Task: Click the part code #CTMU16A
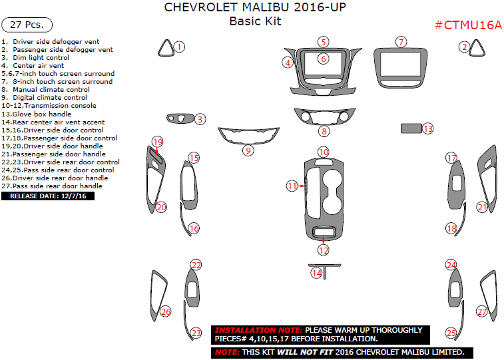(468, 25)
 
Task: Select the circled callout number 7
(400, 42)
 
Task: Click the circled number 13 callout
(427, 128)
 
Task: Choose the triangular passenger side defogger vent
(478, 48)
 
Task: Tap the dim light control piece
(180, 118)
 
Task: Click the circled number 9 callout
(248, 150)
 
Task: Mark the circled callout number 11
(292, 186)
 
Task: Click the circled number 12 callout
(324, 250)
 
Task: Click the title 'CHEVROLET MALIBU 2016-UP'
(255, 8)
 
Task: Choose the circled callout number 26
(166, 311)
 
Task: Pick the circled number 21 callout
(482, 207)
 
